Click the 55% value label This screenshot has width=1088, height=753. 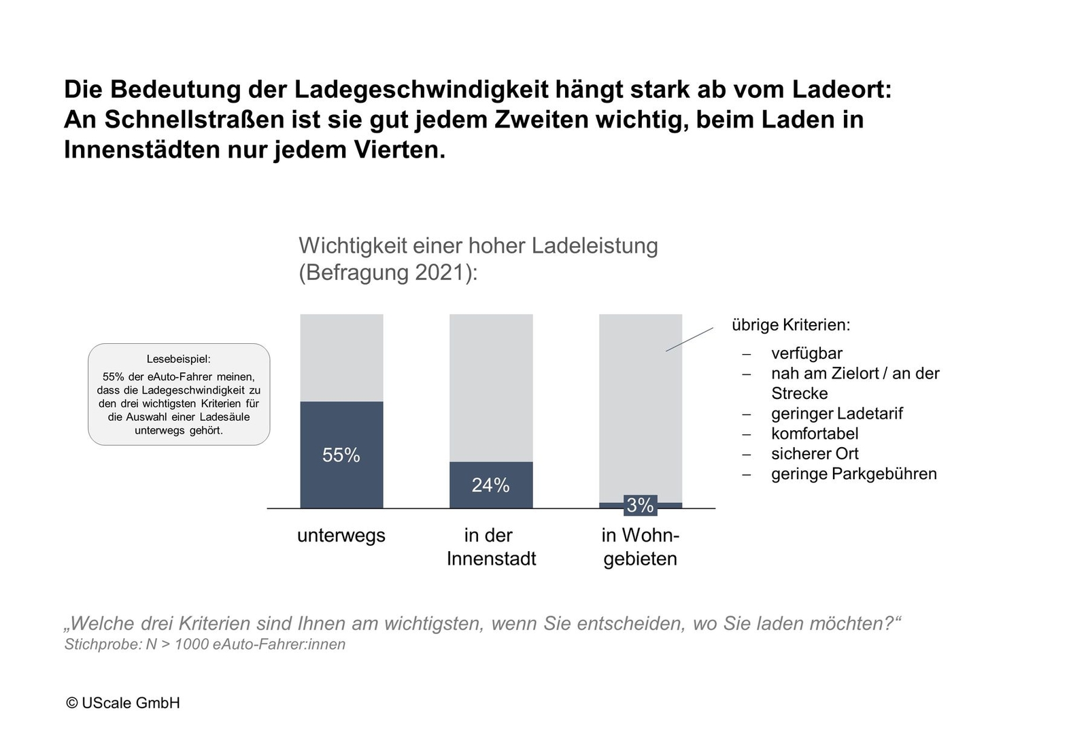(341, 455)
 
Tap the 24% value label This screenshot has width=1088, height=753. (490, 485)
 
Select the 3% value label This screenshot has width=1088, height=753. (640, 506)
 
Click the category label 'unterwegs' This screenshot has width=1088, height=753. (341, 536)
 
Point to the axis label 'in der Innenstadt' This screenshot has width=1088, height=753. (491, 547)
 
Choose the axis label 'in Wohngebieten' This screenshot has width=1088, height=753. (640, 547)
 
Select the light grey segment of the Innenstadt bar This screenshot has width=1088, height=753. (491, 387)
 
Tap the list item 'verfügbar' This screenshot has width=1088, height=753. (806, 353)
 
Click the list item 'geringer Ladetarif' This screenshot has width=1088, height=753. (836, 414)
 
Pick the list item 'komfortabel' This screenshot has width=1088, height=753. (815, 434)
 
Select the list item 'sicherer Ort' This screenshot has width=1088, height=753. (815, 454)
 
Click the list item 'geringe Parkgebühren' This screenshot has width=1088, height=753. (853, 474)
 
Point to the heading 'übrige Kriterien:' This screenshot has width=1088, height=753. (791, 325)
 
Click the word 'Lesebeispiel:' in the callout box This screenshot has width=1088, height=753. (179, 360)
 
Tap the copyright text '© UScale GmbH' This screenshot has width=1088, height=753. (123, 703)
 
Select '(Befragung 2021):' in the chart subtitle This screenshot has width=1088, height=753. (388, 273)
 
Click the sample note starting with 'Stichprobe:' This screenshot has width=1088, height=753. (205, 644)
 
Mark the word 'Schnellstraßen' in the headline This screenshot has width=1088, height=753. (193, 120)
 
